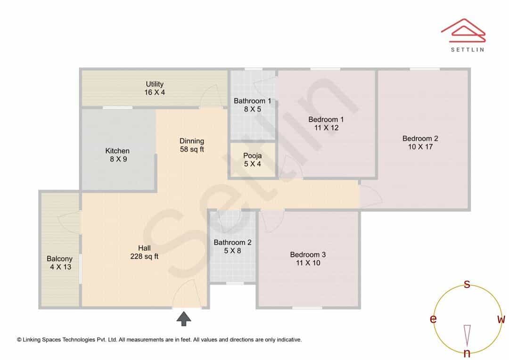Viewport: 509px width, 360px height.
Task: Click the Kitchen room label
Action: coord(117,155)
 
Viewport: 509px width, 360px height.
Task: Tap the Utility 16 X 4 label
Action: coord(155,88)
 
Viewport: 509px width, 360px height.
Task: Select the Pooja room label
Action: coord(252,160)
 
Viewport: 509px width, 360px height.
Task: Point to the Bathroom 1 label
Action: coord(252,105)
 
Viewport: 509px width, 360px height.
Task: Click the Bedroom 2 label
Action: coord(420,142)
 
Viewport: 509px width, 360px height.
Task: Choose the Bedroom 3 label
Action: coord(308,259)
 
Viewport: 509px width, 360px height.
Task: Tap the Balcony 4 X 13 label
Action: coord(60,262)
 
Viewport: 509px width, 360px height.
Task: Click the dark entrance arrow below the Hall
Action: coord(184,319)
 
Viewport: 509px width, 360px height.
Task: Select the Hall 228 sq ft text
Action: coord(144,252)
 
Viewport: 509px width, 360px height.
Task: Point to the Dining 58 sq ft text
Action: coord(192,145)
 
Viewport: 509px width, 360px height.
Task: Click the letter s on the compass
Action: coord(467,284)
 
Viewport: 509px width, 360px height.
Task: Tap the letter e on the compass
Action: coord(433,319)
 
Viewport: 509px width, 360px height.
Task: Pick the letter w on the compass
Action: coord(501,319)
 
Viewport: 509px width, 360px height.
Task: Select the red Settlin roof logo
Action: coord(463,30)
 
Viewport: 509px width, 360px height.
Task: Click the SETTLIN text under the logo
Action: coord(468,49)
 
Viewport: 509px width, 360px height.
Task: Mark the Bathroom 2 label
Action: coord(232,246)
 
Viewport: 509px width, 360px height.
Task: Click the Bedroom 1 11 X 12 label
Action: coord(326,123)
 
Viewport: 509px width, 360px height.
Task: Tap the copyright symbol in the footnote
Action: coord(19,340)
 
